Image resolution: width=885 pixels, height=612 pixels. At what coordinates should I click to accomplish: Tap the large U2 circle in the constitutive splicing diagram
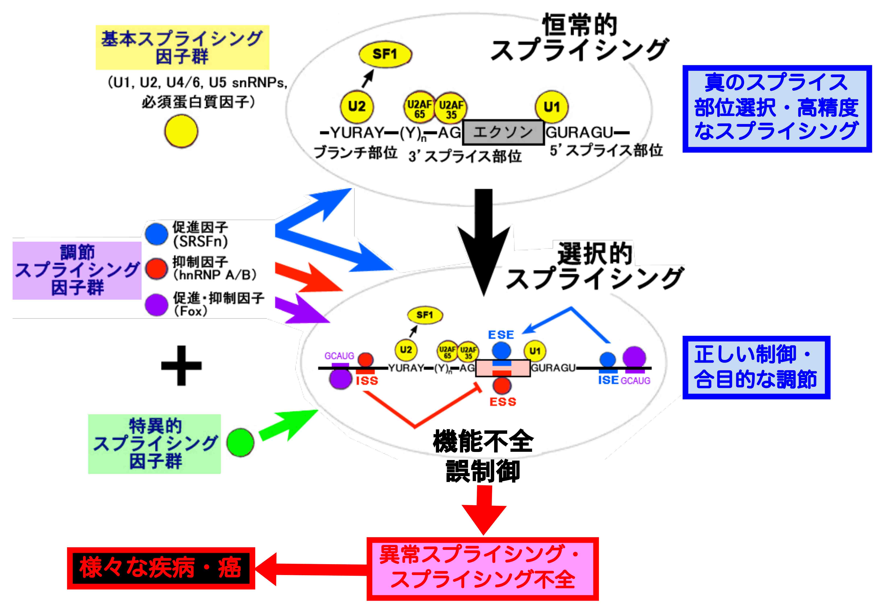[357, 106]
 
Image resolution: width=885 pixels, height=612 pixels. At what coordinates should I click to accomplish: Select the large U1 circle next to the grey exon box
[551, 107]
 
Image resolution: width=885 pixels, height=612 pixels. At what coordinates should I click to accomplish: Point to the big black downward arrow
[484, 242]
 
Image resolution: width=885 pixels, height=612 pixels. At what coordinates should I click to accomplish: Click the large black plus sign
[181, 365]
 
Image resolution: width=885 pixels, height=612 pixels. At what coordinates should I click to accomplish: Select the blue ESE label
[501, 335]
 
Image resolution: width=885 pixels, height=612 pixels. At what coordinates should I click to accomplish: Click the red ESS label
[503, 402]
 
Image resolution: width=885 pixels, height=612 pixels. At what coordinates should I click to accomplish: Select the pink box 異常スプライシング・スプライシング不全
[482, 568]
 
